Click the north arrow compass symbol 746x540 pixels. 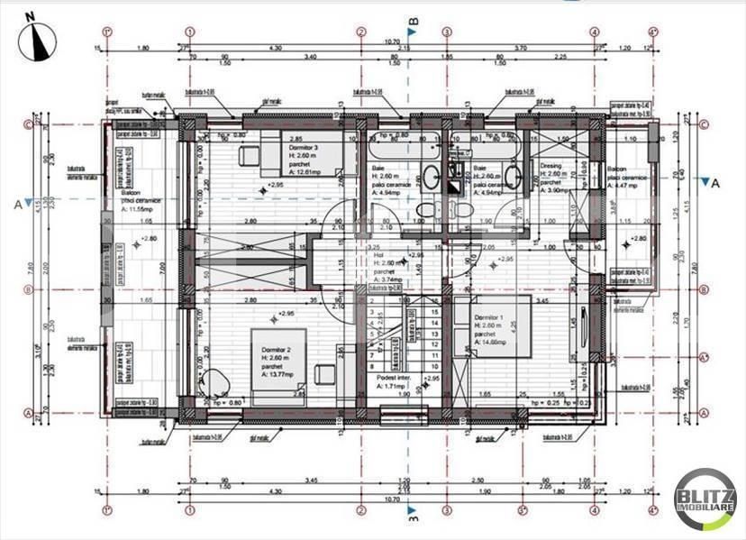[x=37, y=41]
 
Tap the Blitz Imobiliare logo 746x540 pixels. [x=705, y=499]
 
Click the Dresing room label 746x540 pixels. [x=550, y=167]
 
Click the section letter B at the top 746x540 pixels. [x=414, y=21]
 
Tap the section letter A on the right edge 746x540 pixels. [x=716, y=183]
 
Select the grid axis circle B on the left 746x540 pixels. [x=27, y=290]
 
